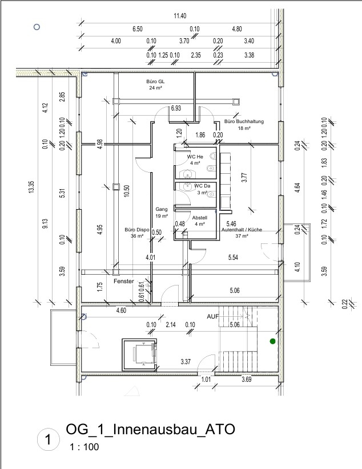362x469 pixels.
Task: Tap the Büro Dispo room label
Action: [135, 232]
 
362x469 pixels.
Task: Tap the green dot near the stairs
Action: [272, 341]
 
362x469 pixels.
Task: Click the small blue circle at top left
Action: [37, 26]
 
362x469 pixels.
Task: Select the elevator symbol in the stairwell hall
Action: [140, 354]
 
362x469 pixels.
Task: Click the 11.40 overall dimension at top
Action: [180, 15]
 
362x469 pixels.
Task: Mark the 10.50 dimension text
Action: [127, 193]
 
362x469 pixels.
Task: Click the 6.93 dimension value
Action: [176, 108]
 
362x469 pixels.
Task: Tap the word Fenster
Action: [123, 282]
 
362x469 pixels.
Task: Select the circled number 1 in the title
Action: [48, 439]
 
